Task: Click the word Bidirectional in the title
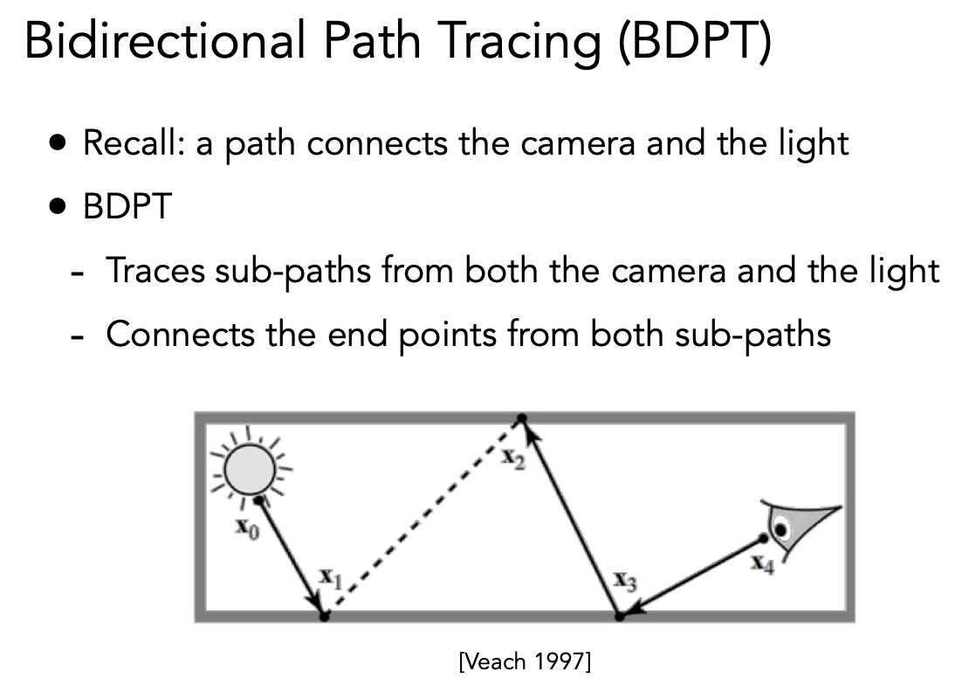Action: (x=165, y=41)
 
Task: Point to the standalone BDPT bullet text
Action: (x=127, y=206)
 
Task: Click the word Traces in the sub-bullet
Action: (x=155, y=270)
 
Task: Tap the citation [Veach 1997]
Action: (x=526, y=661)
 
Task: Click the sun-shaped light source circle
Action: (x=249, y=470)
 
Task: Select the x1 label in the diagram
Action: (x=331, y=578)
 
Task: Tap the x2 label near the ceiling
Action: (x=513, y=459)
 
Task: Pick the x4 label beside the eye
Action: (x=762, y=564)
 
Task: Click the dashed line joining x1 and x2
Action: (x=423, y=517)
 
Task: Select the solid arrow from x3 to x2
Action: (x=572, y=517)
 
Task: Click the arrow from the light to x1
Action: (x=292, y=557)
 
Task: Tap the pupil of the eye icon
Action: (x=782, y=530)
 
